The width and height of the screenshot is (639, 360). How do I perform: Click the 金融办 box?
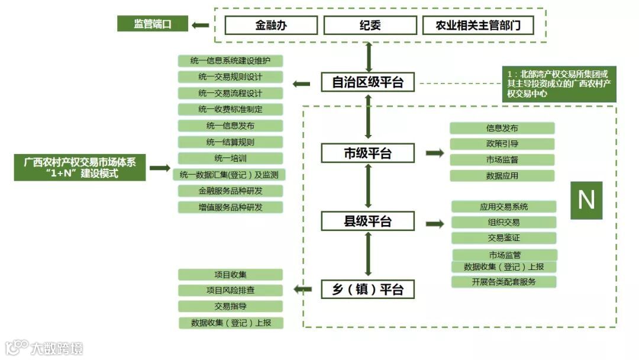(x=271, y=25)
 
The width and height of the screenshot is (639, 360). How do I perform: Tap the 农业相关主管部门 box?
(x=477, y=25)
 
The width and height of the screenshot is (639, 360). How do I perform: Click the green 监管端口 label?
(x=152, y=24)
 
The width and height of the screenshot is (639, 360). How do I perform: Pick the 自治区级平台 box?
(x=367, y=82)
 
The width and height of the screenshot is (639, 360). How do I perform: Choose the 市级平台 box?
(x=367, y=153)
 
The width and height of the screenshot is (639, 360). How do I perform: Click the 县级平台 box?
(x=367, y=221)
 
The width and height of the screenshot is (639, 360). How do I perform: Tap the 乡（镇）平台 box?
(x=367, y=290)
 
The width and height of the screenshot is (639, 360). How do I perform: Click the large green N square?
(x=586, y=200)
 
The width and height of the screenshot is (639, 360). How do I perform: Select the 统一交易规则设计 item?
(x=230, y=77)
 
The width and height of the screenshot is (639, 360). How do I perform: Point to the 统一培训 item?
(x=230, y=159)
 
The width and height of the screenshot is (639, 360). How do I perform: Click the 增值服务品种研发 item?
(x=230, y=207)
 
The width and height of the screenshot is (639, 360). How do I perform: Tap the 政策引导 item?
(x=502, y=144)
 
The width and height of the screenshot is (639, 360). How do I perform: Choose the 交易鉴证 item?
(x=504, y=238)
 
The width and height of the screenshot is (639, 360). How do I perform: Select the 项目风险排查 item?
(x=230, y=291)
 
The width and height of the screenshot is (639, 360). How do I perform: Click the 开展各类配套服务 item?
(x=504, y=282)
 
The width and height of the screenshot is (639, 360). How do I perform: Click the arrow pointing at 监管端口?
(x=200, y=25)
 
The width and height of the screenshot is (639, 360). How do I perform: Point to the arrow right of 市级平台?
(x=435, y=153)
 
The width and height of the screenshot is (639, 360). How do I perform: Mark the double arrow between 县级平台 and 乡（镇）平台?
(x=368, y=255)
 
